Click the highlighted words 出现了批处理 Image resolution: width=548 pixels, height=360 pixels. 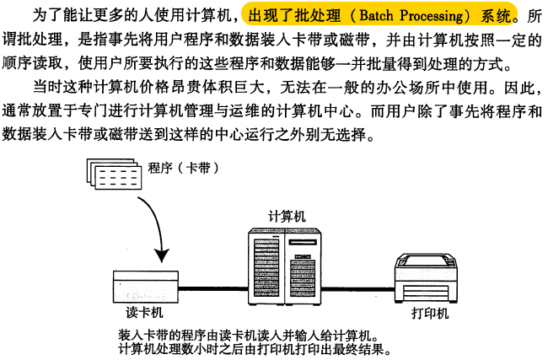tap(287, 15)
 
